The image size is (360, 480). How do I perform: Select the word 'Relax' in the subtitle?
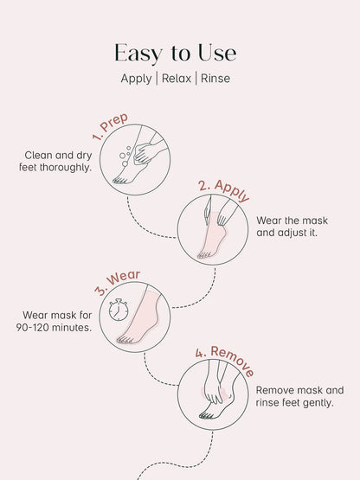(x=180, y=79)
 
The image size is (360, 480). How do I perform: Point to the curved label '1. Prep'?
(x=112, y=129)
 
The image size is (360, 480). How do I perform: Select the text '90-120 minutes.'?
(x=54, y=328)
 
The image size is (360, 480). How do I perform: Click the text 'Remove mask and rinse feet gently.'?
(x=299, y=396)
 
